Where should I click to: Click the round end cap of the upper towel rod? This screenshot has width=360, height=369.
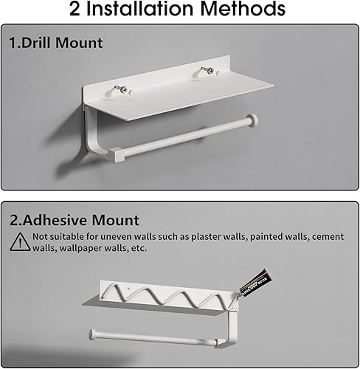253,120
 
